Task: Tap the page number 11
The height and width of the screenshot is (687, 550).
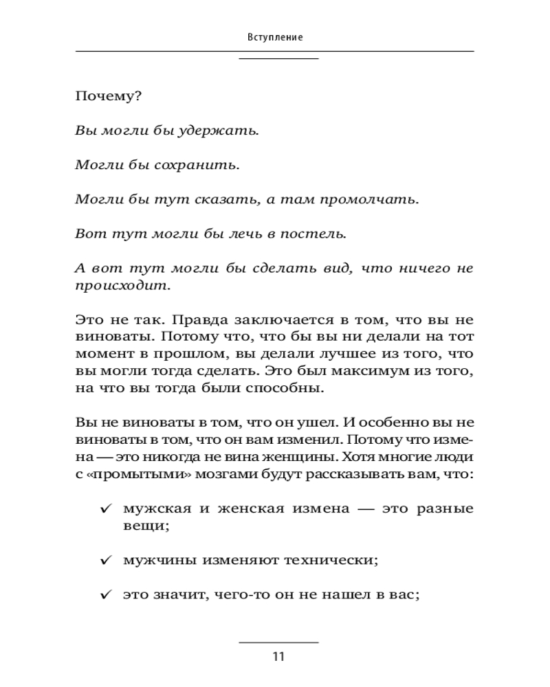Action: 278,656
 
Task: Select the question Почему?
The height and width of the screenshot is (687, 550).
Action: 109,97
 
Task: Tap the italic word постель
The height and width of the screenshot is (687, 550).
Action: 316,234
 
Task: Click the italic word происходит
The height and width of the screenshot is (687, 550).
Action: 120,284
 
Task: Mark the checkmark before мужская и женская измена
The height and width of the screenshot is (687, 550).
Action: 106,510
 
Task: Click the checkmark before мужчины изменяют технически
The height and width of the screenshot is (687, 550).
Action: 106,561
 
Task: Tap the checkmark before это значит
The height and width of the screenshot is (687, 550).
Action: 106,595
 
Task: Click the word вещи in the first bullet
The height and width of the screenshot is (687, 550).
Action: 144,526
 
